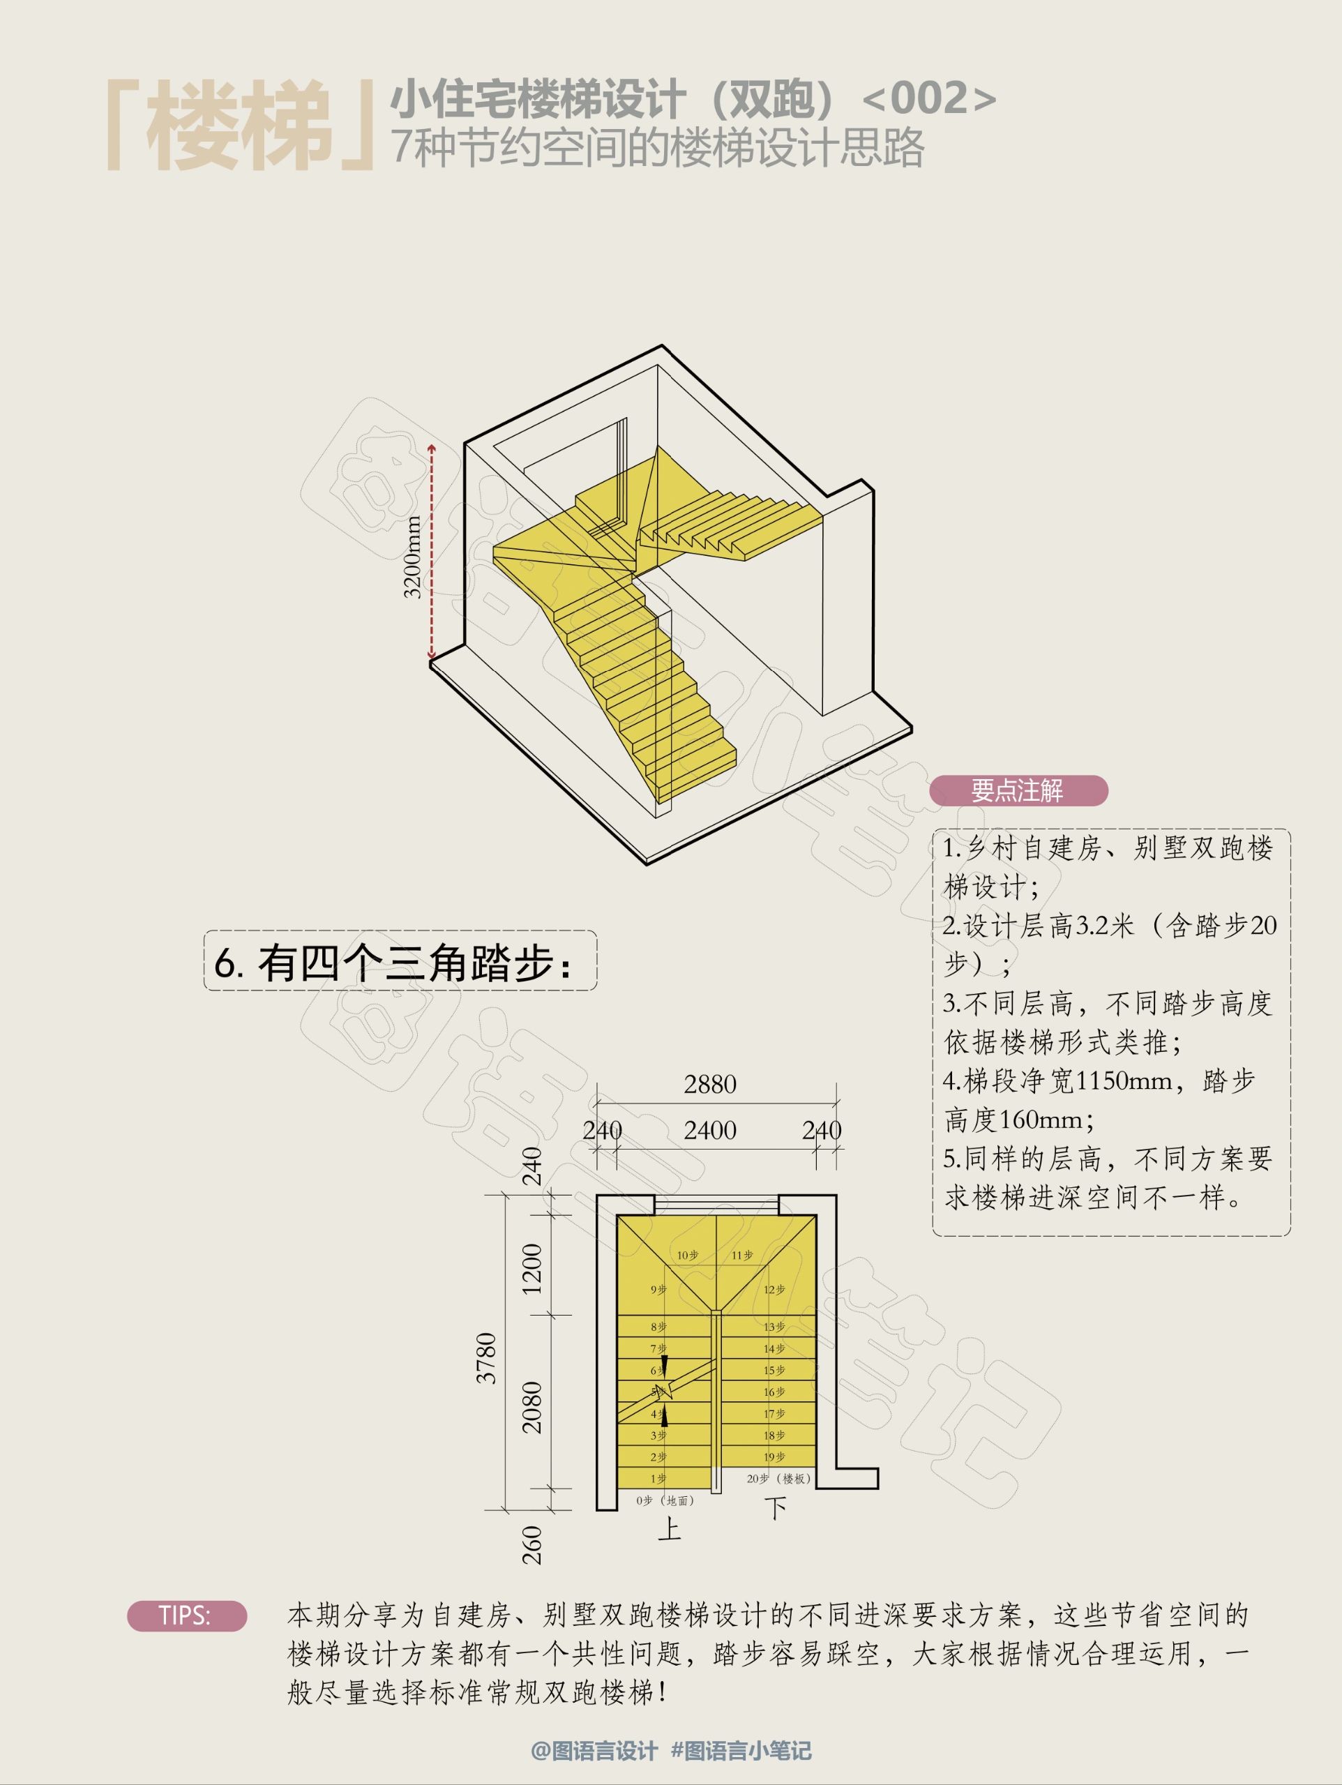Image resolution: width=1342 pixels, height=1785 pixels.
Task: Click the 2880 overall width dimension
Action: pos(709,1084)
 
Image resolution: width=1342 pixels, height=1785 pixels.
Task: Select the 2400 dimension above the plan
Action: pos(709,1130)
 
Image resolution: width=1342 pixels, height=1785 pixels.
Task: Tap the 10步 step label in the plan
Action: pos(688,1255)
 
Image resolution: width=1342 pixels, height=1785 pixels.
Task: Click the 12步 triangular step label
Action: pos(774,1290)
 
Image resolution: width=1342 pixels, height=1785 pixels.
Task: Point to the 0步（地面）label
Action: pos(665,1500)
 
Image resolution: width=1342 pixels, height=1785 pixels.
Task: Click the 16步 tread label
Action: pos(774,1392)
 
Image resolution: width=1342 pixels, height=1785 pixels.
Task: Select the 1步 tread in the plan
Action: pos(658,1478)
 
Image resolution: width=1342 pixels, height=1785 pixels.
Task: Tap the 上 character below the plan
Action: pos(670,1528)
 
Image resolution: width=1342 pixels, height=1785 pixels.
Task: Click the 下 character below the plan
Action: pos(776,1508)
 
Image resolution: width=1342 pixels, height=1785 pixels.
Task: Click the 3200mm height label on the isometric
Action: pos(412,557)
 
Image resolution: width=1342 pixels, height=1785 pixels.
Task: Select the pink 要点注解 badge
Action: pos(1018,790)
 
